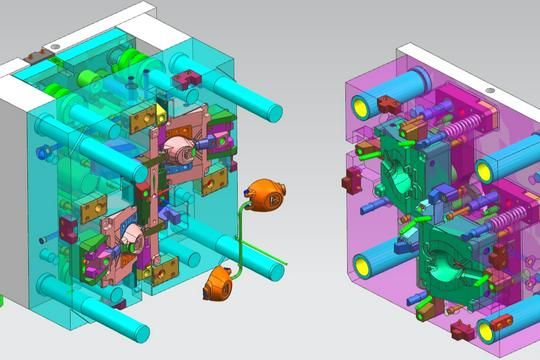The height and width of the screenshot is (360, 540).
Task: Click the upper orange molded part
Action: click(266, 194)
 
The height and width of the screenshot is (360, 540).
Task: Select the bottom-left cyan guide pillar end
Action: click(136, 321)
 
